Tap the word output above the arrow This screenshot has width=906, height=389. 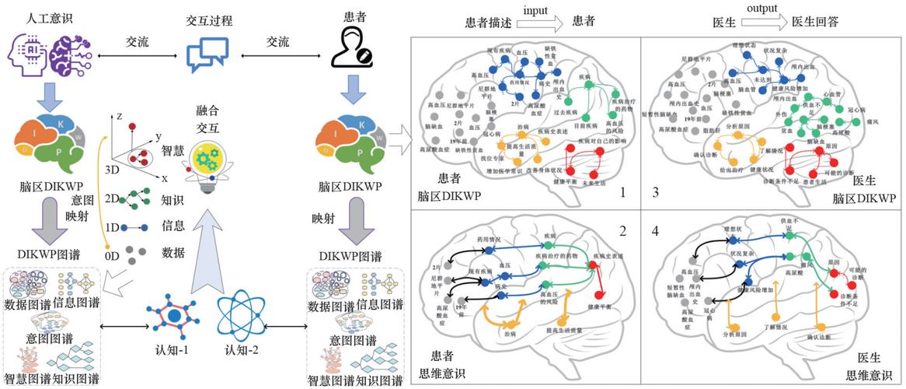[x=741, y=9]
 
